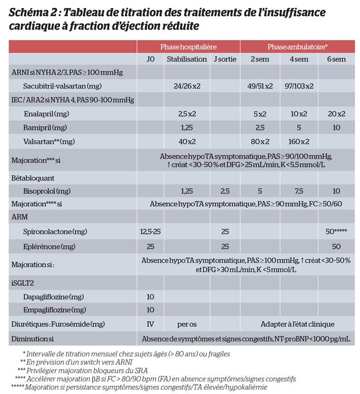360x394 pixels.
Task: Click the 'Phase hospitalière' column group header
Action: [x=188, y=46]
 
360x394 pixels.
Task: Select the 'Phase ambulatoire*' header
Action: [x=297, y=46]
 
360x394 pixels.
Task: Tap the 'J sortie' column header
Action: [x=225, y=59]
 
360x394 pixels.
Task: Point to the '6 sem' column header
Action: [x=336, y=59]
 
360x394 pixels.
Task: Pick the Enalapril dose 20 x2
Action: [x=336, y=114]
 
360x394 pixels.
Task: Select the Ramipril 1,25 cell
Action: [x=187, y=127]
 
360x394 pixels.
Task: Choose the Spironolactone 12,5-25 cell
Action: [x=150, y=231]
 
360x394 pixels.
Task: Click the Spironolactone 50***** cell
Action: [x=336, y=231]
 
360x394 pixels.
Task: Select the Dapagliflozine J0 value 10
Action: [x=150, y=296]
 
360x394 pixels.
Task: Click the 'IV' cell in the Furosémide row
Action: [x=150, y=324]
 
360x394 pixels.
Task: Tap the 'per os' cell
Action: [x=187, y=324]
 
